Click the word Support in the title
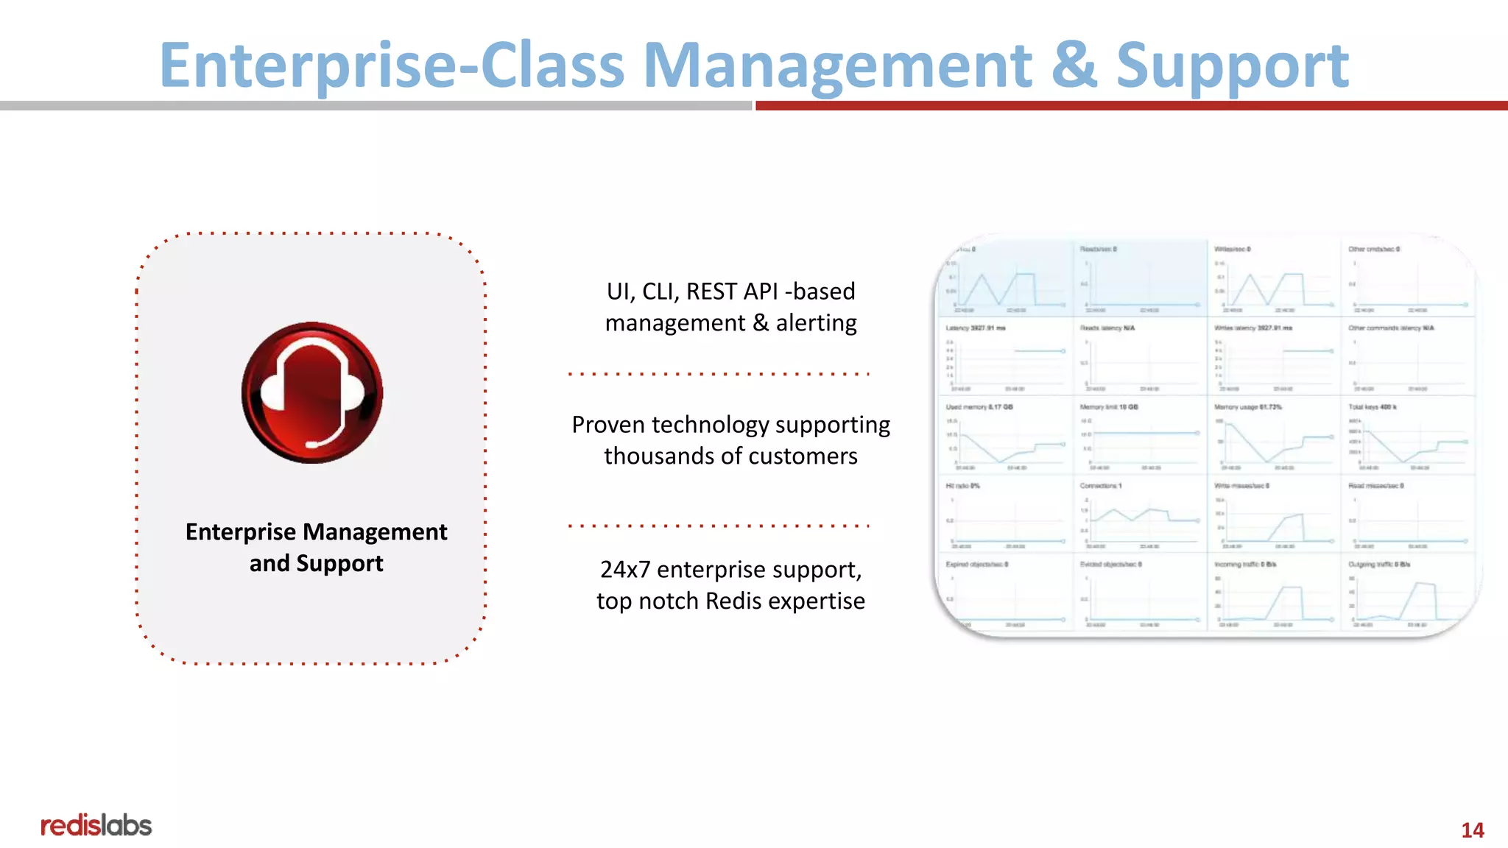tap(1232, 66)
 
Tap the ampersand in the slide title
tap(1074, 65)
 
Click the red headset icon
tap(312, 392)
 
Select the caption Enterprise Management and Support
tap(316, 547)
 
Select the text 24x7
tap(625, 570)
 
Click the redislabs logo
tap(96, 825)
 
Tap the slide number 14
tap(1472, 830)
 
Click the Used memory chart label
tap(979, 407)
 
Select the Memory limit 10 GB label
tap(1109, 407)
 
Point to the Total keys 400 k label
tap(1373, 407)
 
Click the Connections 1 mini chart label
tap(1101, 486)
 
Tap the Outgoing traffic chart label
tap(1379, 565)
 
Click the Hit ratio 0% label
tap(962, 486)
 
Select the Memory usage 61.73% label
tap(1248, 407)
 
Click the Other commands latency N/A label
tap(1391, 328)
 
